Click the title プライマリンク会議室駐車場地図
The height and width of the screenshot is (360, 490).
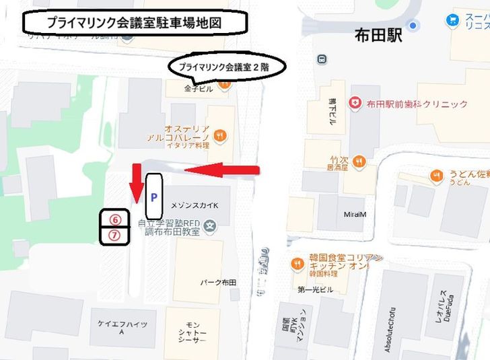tap(135, 22)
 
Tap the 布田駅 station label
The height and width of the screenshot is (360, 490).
tap(378, 35)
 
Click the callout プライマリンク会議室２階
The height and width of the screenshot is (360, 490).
tap(228, 67)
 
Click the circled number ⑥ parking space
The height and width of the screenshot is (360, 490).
tap(114, 220)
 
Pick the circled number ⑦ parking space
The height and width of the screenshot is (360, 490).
tap(114, 236)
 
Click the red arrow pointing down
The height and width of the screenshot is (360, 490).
tap(136, 182)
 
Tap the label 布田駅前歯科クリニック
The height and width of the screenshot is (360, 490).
tap(417, 104)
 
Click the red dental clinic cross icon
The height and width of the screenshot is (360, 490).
tap(354, 103)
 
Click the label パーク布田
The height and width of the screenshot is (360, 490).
tap(218, 282)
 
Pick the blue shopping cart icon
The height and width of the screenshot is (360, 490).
tap(452, 20)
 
